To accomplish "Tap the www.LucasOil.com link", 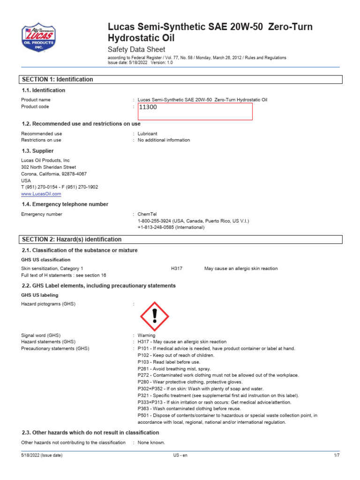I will pyautogui.click(x=41, y=194).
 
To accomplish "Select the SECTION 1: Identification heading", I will pyautogui.click(x=58, y=80).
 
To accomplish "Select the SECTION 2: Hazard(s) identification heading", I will pyautogui.click(x=72, y=240).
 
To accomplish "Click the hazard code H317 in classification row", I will pyautogui.click(x=177, y=269).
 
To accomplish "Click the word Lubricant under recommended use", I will pyautogui.click(x=147, y=134).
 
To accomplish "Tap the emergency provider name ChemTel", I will pyautogui.click(x=147, y=214).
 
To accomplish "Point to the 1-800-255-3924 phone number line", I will pyautogui.click(x=193, y=221).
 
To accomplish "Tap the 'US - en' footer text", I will pyautogui.click(x=180, y=456).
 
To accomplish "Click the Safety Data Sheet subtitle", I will pyautogui.click(x=136, y=50).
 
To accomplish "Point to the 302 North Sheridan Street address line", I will pyautogui.click(x=48, y=167).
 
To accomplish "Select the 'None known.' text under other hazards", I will pyautogui.click(x=151, y=442).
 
